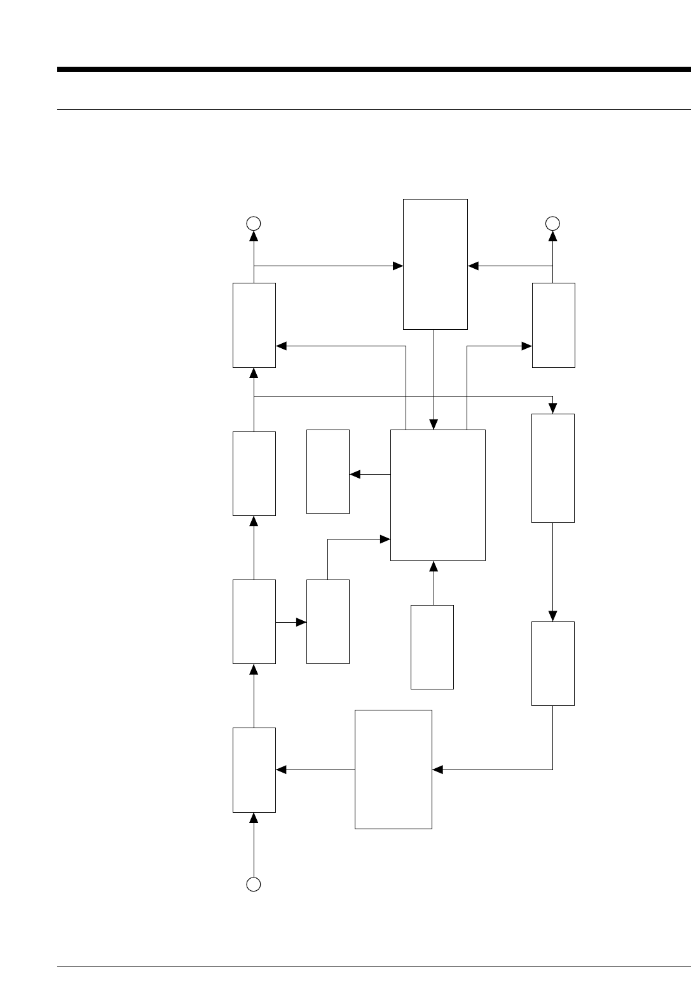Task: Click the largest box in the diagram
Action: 437,495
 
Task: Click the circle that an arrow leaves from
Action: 254,884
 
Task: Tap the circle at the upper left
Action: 254,223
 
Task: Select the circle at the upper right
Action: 552,223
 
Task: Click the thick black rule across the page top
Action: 374,69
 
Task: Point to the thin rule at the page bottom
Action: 374,967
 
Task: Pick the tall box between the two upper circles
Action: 435,264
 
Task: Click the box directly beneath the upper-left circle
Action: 254,325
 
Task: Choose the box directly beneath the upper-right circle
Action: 553,325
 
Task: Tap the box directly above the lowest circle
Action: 254,770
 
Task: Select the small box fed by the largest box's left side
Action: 328,471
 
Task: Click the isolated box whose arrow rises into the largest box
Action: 432,647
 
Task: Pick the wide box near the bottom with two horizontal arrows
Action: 393,769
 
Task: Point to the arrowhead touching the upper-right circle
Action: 552,236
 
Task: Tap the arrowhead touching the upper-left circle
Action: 254,236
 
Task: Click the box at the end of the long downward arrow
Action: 553,663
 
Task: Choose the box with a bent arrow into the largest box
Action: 328,621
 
